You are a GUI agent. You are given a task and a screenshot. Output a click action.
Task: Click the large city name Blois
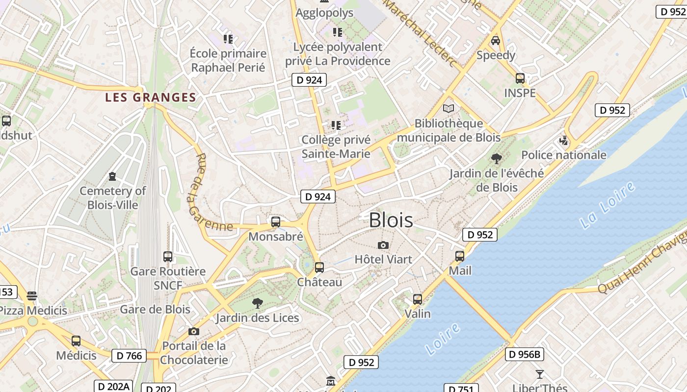pyautogui.click(x=391, y=220)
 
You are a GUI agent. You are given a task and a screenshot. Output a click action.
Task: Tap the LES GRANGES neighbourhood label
pyautogui.click(x=150, y=98)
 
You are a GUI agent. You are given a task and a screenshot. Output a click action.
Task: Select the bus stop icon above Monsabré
pyautogui.click(x=276, y=222)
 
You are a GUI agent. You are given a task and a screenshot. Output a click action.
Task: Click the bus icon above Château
pyautogui.click(x=319, y=268)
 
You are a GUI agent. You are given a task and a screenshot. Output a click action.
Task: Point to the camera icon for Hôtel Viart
pyautogui.click(x=383, y=245)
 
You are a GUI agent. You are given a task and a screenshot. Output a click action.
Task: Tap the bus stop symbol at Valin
pyautogui.click(x=418, y=299)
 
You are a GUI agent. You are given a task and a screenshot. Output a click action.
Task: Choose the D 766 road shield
pyautogui.click(x=130, y=356)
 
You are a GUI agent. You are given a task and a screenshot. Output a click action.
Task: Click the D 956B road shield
pyautogui.click(x=525, y=354)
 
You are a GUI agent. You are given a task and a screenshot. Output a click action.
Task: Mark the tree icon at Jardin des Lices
pyautogui.click(x=257, y=303)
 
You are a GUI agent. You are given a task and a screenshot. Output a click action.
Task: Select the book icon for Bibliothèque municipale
pyautogui.click(x=449, y=108)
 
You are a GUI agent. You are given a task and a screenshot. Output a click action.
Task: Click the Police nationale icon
pyautogui.click(x=564, y=141)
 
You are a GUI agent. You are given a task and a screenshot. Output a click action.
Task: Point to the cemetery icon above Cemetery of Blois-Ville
pyautogui.click(x=112, y=176)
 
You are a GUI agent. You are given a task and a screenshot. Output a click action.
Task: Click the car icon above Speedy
pyautogui.click(x=496, y=41)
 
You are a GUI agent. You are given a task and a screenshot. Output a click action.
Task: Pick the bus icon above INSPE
pyautogui.click(x=520, y=78)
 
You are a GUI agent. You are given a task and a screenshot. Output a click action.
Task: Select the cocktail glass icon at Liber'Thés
pyautogui.click(x=540, y=374)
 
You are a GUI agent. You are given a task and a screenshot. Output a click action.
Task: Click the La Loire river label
pyautogui.click(x=608, y=206)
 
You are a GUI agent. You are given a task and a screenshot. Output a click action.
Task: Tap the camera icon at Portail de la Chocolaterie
pyautogui.click(x=194, y=331)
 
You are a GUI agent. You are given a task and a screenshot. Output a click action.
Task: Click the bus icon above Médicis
pyautogui.click(x=76, y=341)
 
